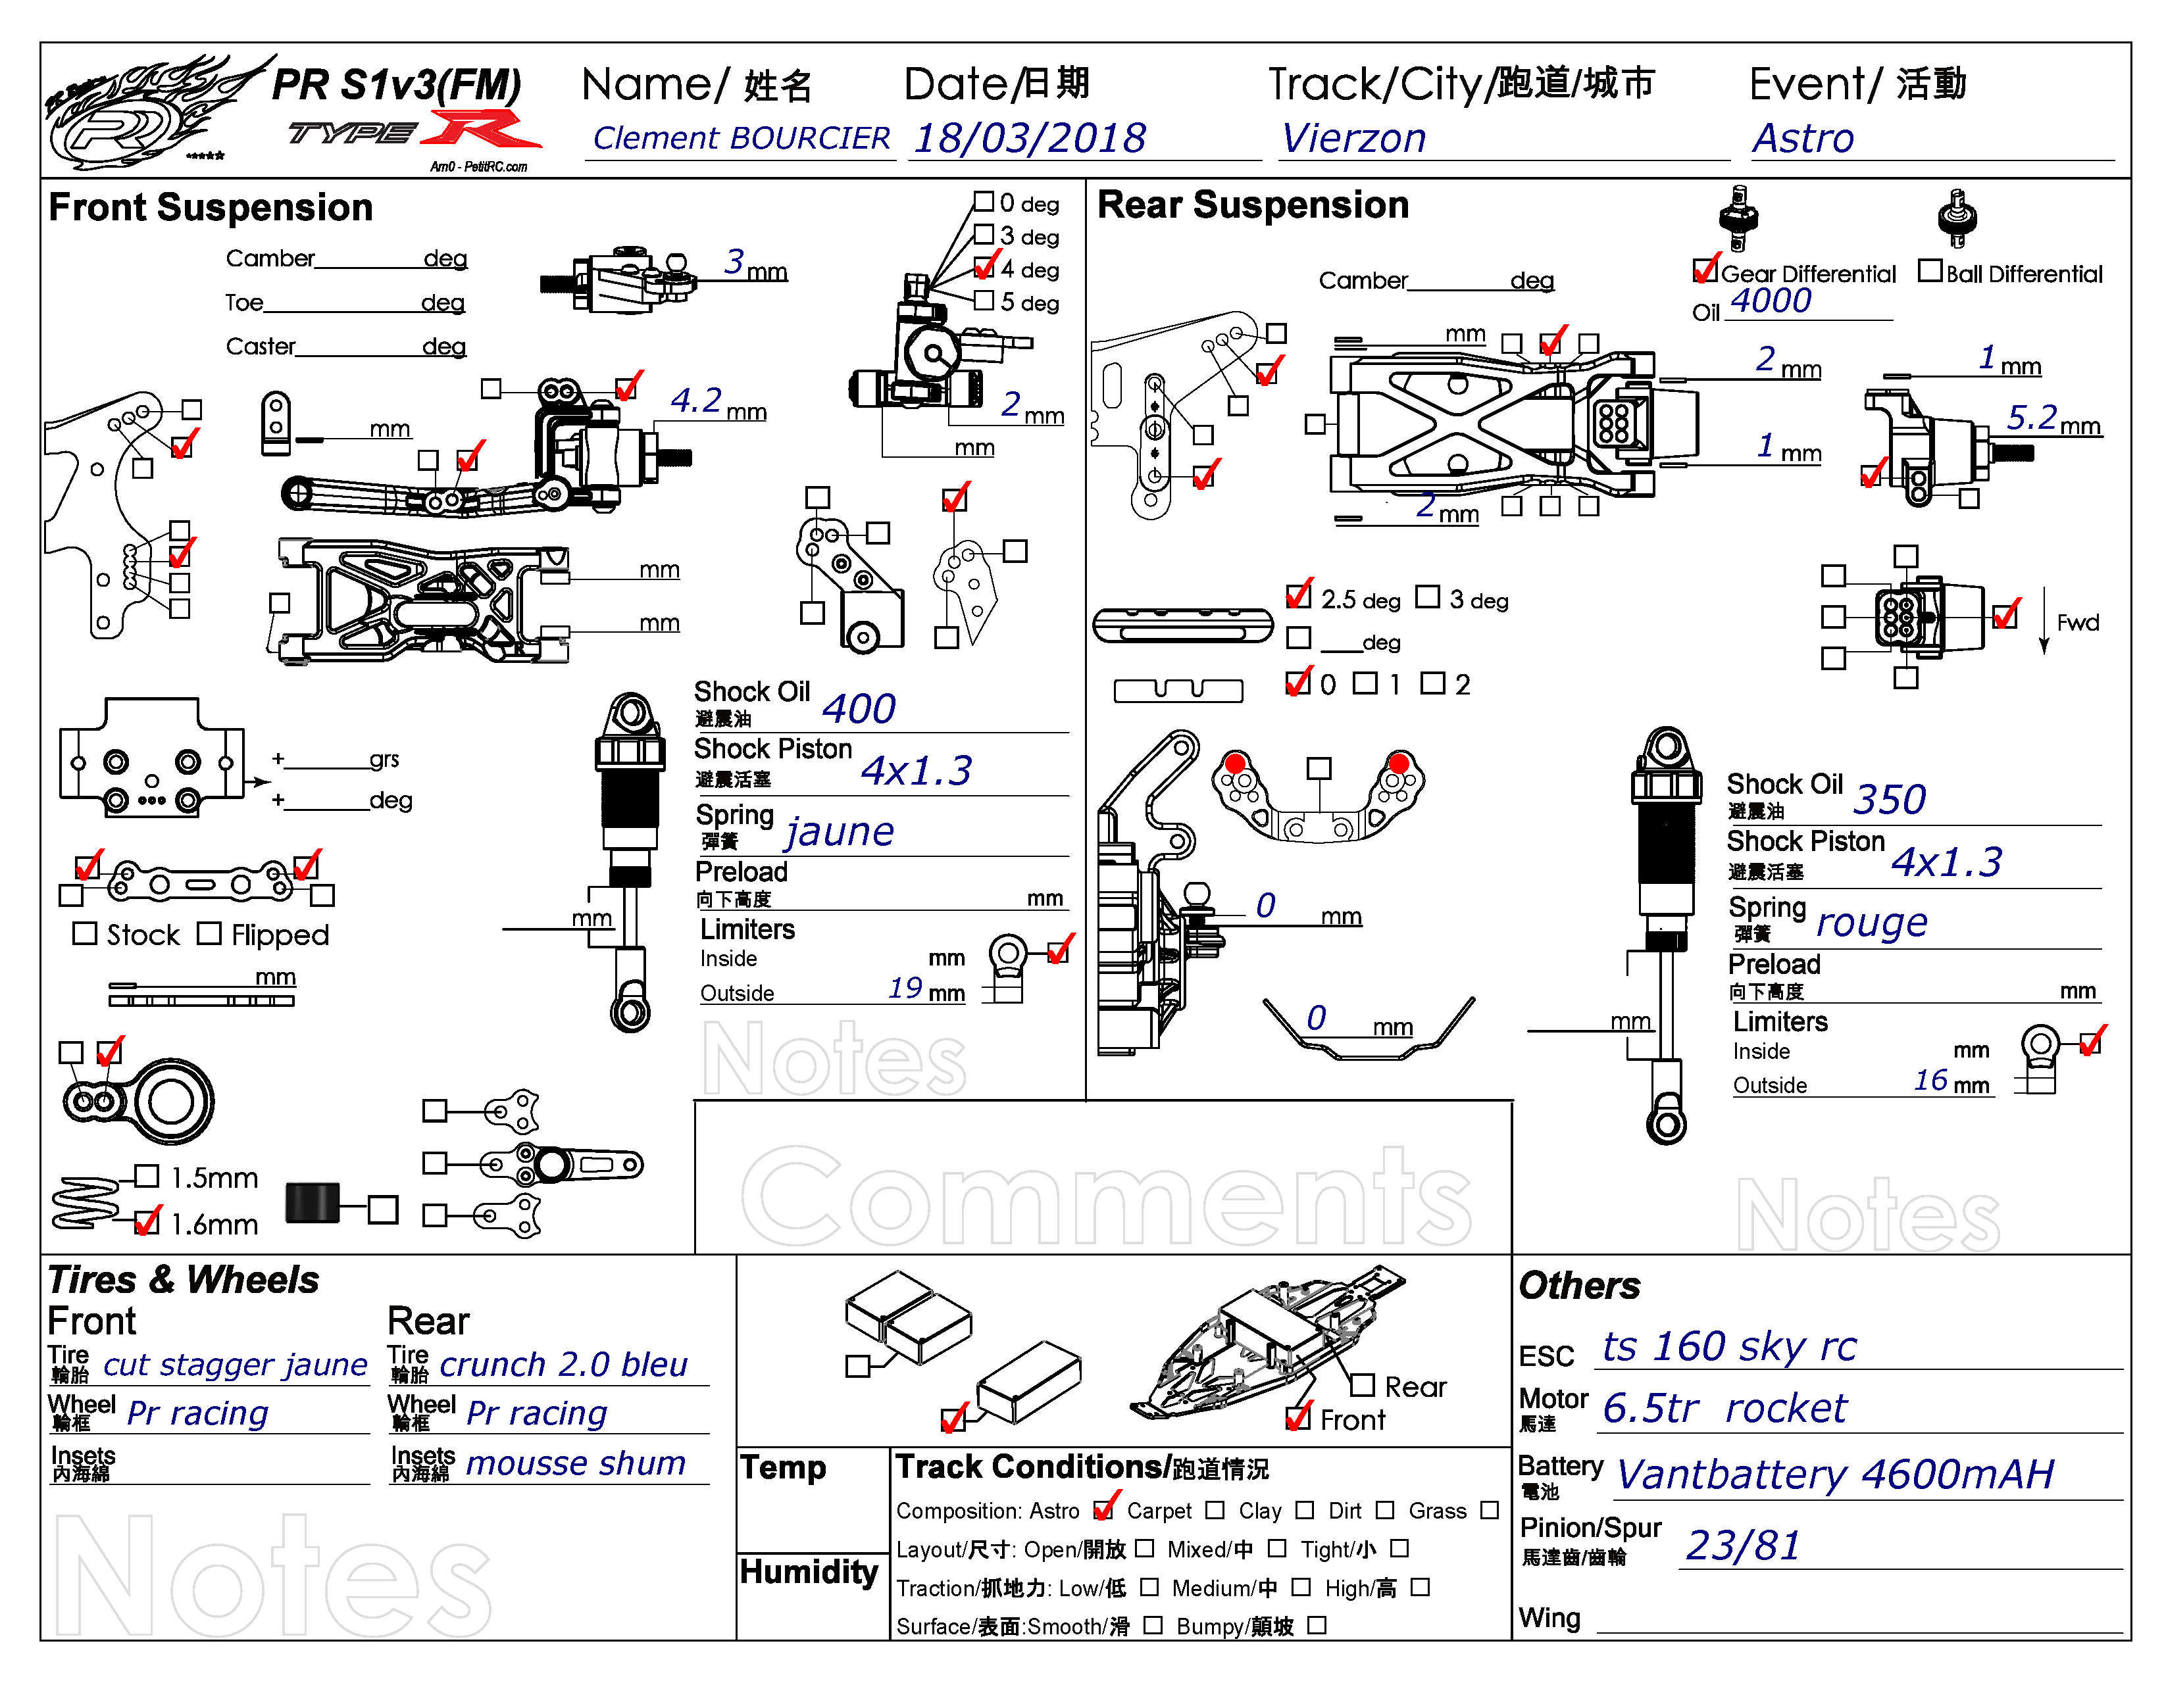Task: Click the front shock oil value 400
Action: (x=858, y=708)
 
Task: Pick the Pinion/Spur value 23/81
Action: (x=1744, y=1546)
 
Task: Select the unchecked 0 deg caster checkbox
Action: (x=984, y=202)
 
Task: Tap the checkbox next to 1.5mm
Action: (x=147, y=1176)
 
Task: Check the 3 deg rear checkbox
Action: (x=1428, y=597)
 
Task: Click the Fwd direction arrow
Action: (x=2043, y=621)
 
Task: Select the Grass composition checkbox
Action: (x=1489, y=1509)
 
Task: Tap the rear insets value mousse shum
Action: (x=576, y=1463)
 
